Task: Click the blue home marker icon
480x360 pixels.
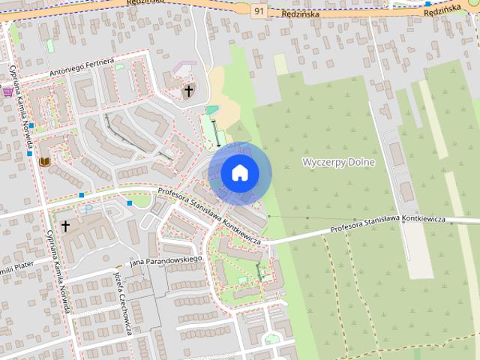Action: coord(239,173)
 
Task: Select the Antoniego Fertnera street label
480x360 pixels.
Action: coord(82,68)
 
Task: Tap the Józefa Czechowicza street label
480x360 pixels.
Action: coord(123,303)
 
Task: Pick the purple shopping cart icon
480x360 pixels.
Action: coord(7,91)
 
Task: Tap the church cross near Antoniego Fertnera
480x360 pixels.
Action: coord(188,91)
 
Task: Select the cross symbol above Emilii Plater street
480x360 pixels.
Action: coord(65,225)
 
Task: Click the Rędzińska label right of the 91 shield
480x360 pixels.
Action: coord(301,14)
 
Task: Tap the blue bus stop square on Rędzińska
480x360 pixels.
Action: coord(427,4)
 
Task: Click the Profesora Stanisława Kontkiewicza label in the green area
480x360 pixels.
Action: coord(388,222)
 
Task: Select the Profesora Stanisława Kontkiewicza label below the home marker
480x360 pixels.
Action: coord(210,218)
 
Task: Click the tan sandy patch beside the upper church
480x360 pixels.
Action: coord(225,97)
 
